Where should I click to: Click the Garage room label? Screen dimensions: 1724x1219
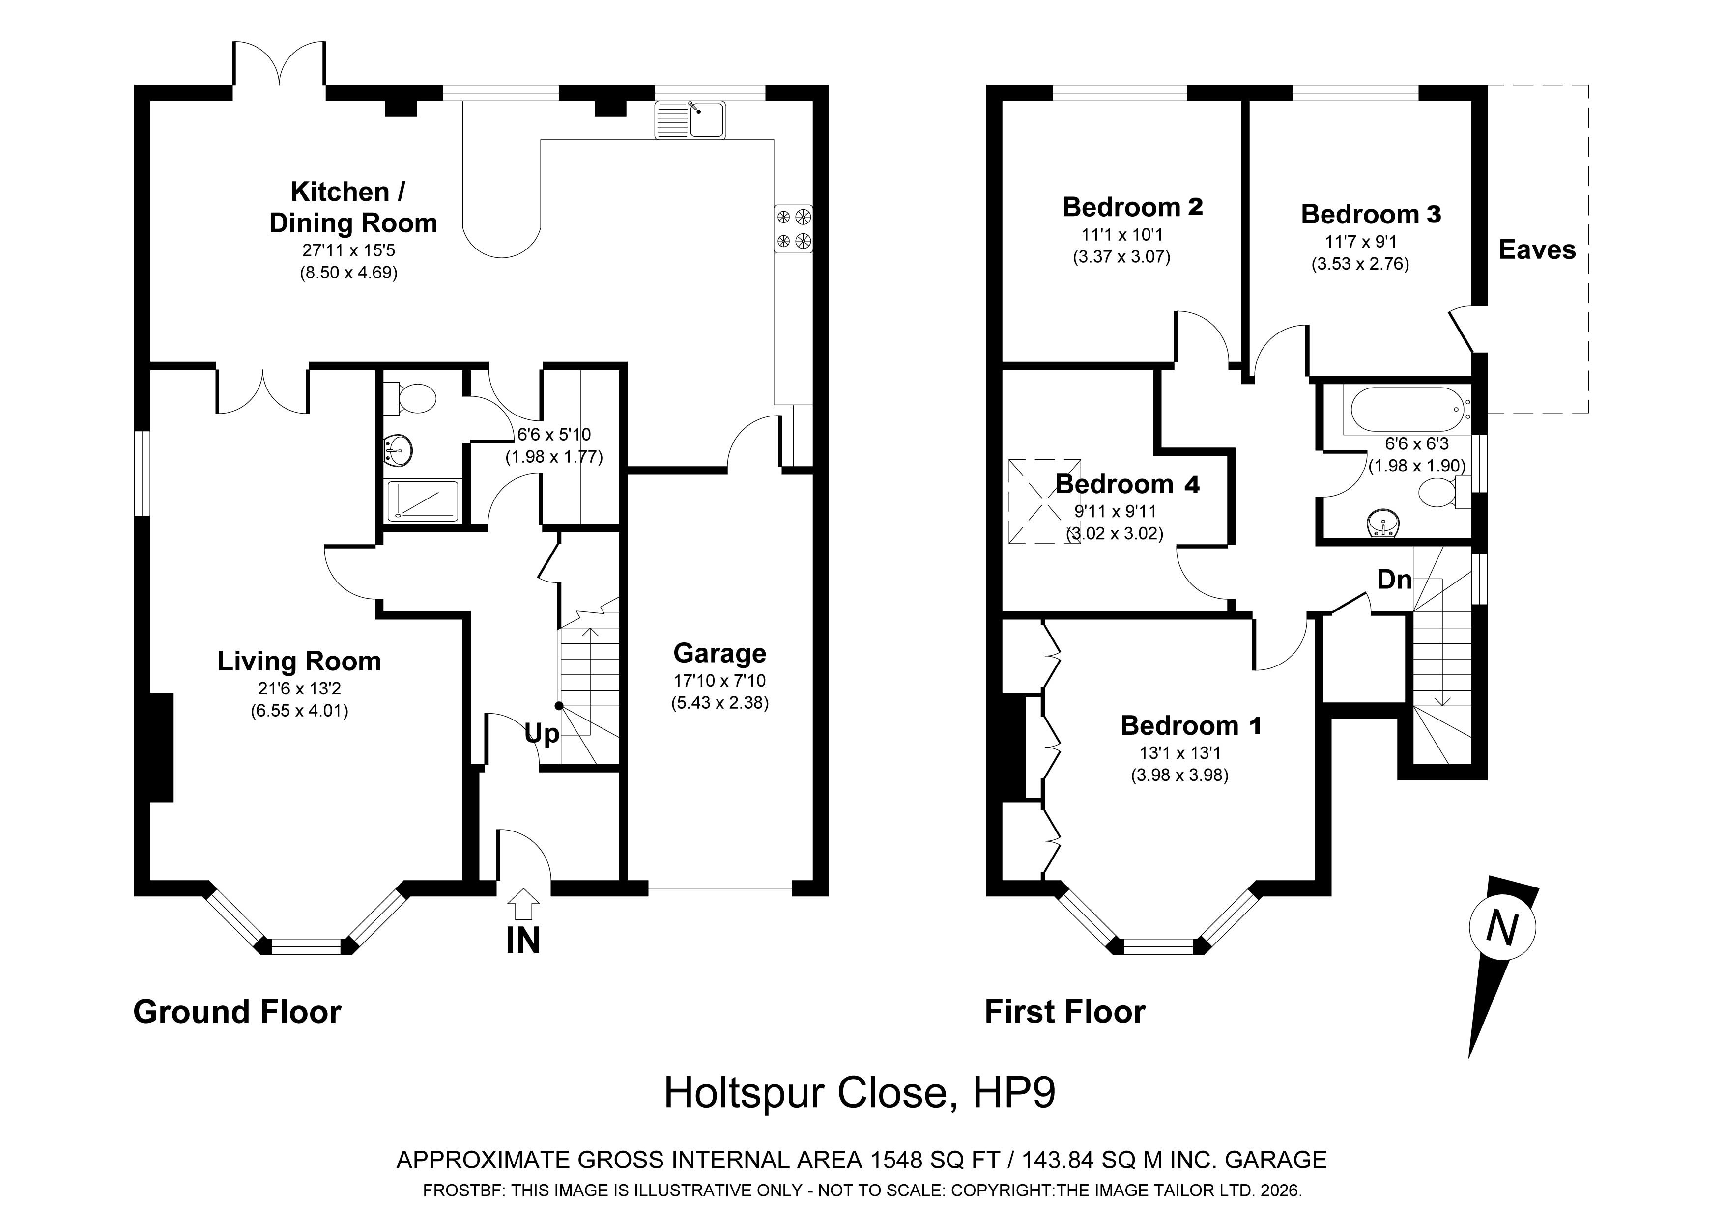pos(719,653)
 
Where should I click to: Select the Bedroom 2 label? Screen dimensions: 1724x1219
pos(1132,206)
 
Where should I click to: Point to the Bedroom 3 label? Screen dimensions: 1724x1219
pos(1371,214)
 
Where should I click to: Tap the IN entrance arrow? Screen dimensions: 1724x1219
pos(523,904)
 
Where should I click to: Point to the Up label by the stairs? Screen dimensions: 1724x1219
pos(542,733)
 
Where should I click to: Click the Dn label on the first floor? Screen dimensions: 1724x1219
pos(1394,580)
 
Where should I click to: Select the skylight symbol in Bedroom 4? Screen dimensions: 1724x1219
pos(1044,501)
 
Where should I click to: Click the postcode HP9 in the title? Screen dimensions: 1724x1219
pos(1014,1093)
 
